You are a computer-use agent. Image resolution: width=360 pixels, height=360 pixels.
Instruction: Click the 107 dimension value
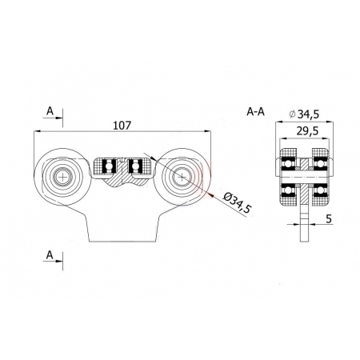tap(122, 126)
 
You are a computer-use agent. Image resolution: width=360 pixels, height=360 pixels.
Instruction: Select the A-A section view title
tap(255, 112)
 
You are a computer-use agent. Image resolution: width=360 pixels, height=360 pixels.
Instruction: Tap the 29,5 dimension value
tap(307, 131)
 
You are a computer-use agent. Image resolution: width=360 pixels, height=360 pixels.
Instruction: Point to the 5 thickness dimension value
tap(329, 218)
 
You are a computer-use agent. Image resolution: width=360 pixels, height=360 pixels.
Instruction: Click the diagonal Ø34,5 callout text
tap(237, 203)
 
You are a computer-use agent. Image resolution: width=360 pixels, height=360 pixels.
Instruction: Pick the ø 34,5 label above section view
tap(304, 114)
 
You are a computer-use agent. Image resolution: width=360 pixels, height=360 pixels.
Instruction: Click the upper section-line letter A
tap(50, 111)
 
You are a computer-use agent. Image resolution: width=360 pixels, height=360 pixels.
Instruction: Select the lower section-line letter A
tap(50, 255)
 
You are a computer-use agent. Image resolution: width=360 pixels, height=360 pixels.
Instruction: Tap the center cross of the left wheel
tap(62, 177)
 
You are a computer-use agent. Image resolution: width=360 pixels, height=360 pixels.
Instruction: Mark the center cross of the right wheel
tap(182, 177)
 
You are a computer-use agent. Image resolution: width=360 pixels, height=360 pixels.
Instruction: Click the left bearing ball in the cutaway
tap(109, 166)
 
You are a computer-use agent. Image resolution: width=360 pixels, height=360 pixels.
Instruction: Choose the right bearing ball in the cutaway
tap(135, 166)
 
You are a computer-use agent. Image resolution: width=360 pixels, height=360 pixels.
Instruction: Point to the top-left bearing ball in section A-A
tap(287, 162)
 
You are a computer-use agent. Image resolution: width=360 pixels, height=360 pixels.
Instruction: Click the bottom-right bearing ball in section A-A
tap(320, 190)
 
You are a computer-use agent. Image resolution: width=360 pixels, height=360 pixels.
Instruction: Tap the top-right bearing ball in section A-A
tap(320, 162)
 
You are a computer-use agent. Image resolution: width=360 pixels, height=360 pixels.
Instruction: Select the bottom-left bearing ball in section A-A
tap(287, 190)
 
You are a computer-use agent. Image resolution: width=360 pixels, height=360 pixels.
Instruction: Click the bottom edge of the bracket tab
tap(122, 242)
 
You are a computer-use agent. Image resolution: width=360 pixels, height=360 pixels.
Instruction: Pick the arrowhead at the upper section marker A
tap(59, 118)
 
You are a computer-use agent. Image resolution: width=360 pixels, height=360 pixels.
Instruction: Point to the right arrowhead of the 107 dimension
tap(207, 131)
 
